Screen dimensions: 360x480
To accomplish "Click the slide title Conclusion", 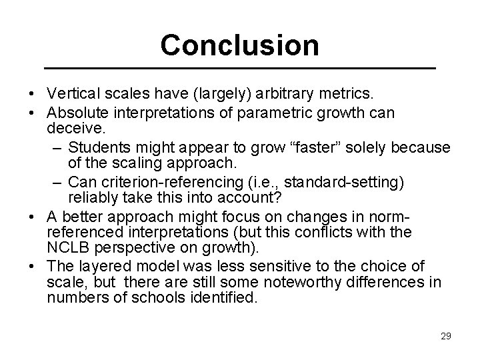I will pos(239,45).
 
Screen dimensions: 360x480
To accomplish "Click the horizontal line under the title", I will pos(239,69).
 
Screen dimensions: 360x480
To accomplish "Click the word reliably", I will pos(93,198).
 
